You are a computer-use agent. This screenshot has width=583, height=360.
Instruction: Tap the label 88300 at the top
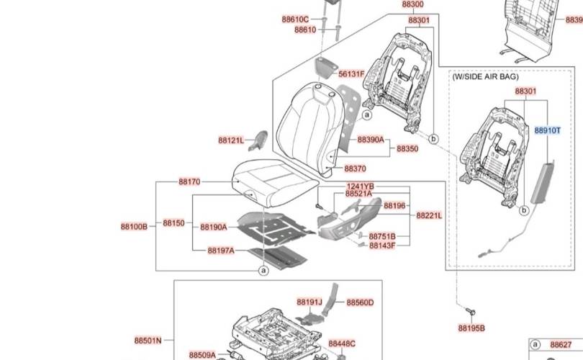(412, 4)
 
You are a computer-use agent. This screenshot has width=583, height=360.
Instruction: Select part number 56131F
(351, 74)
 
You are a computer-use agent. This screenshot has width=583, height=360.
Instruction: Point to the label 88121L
(231, 140)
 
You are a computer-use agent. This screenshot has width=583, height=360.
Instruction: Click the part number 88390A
(371, 140)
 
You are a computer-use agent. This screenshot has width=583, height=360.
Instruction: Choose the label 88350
(407, 148)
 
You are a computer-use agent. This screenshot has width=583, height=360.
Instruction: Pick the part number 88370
(355, 168)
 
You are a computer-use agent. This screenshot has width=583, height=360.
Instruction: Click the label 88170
(189, 182)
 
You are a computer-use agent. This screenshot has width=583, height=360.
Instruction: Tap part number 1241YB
(360, 186)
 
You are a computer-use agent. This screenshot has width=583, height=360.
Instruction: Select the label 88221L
(429, 216)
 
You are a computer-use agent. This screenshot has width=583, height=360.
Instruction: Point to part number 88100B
(134, 226)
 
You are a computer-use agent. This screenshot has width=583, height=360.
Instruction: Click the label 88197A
(220, 251)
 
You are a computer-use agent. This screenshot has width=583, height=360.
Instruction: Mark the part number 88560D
(360, 302)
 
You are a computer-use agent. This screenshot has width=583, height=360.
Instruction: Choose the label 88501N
(148, 340)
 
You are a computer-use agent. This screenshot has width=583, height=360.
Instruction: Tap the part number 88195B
(471, 328)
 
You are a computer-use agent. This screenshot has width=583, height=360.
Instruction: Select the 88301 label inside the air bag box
(525, 91)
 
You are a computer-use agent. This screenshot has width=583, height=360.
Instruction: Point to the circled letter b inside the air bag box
(524, 210)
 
